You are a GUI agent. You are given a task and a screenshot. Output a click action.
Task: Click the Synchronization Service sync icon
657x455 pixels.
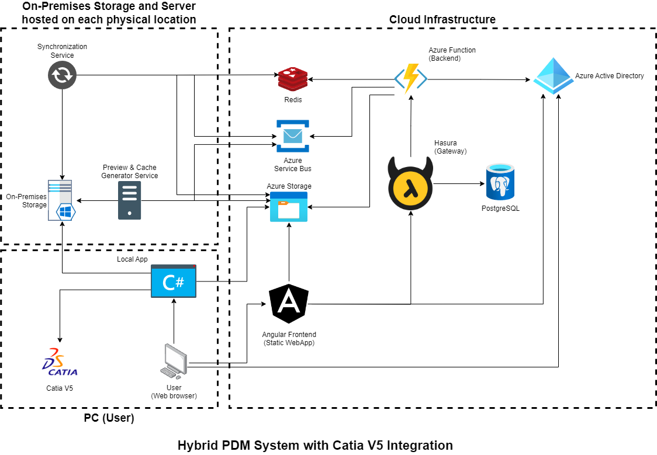(x=62, y=75)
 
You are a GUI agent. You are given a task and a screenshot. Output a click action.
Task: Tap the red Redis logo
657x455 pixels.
(x=293, y=79)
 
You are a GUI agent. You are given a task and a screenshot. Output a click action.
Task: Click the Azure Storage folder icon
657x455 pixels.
(x=289, y=206)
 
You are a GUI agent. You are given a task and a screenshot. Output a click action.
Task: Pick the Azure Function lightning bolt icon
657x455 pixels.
(x=411, y=78)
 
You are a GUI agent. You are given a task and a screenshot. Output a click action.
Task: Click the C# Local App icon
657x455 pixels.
(x=174, y=282)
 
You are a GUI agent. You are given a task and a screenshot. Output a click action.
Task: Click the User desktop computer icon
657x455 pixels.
(x=174, y=361)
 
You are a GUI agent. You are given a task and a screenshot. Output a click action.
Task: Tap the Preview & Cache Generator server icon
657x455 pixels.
(x=129, y=200)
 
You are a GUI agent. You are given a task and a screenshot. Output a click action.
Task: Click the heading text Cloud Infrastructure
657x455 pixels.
(x=442, y=20)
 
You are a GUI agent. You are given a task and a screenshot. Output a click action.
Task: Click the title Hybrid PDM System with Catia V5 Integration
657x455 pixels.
(x=315, y=445)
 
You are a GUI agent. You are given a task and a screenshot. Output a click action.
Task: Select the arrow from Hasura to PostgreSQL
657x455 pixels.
(x=459, y=184)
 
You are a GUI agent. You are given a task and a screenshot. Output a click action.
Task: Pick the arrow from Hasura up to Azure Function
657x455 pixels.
(x=411, y=126)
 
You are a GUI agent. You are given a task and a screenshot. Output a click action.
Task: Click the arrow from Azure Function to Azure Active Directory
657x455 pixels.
(x=479, y=79)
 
